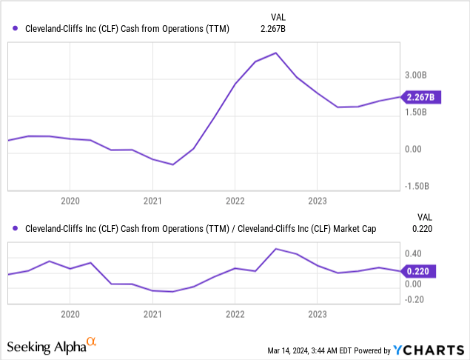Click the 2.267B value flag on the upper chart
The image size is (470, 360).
click(421, 96)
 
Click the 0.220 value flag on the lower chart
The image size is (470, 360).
click(421, 271)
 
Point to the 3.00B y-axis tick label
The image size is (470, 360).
click(416, 76)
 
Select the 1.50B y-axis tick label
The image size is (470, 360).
click(416, 113)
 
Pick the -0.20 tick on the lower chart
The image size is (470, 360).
click(414, 299)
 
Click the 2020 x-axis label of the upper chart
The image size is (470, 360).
click(70, 201)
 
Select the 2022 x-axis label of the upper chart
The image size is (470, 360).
click(235, 201)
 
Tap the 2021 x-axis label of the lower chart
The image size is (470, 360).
click(152, 315)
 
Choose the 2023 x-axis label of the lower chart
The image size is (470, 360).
click(317, 315)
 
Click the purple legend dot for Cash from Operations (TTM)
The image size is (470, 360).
click(16, 29)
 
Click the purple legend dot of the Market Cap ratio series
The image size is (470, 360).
click(16, 229)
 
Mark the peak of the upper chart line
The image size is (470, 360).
click(276, 53)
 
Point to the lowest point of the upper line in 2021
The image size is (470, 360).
click(172, 164)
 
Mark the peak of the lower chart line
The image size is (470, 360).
click(275, 249)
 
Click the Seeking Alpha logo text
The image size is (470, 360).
click(45, 346)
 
